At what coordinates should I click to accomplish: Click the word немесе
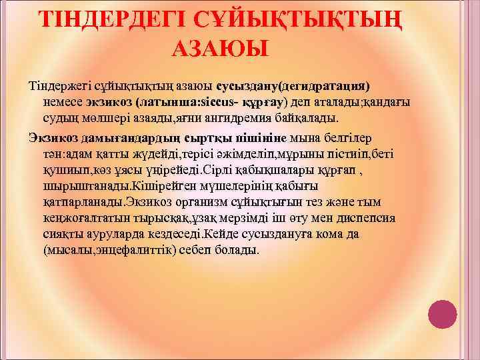point(63,102)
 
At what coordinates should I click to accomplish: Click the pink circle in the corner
point(442,315)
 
